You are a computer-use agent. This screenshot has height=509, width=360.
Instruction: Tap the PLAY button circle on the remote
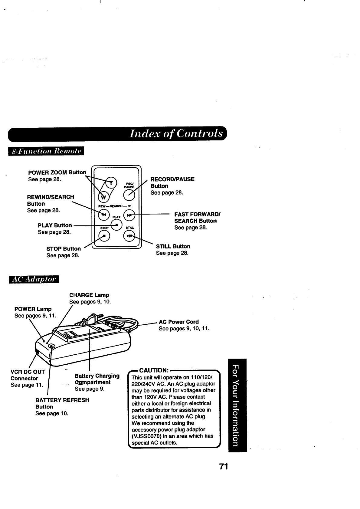click(117, 224)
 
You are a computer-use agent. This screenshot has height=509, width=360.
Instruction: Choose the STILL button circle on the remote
click(129, 236)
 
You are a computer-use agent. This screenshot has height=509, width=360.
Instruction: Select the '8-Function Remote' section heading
click(46, 151)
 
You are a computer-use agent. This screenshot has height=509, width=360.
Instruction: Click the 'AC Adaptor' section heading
click(34, 280)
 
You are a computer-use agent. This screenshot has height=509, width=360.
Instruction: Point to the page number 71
click(223, 467)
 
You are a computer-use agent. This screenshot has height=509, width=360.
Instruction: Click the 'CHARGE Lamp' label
click(89, 295)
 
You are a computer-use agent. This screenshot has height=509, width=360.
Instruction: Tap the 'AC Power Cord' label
click(179, 322)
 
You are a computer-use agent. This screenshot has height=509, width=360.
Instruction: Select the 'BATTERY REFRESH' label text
click(62, 400)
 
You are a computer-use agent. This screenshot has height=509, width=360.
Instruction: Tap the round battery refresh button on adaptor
click(51, 346)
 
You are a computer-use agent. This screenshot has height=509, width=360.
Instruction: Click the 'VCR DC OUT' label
click(28, 372)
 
